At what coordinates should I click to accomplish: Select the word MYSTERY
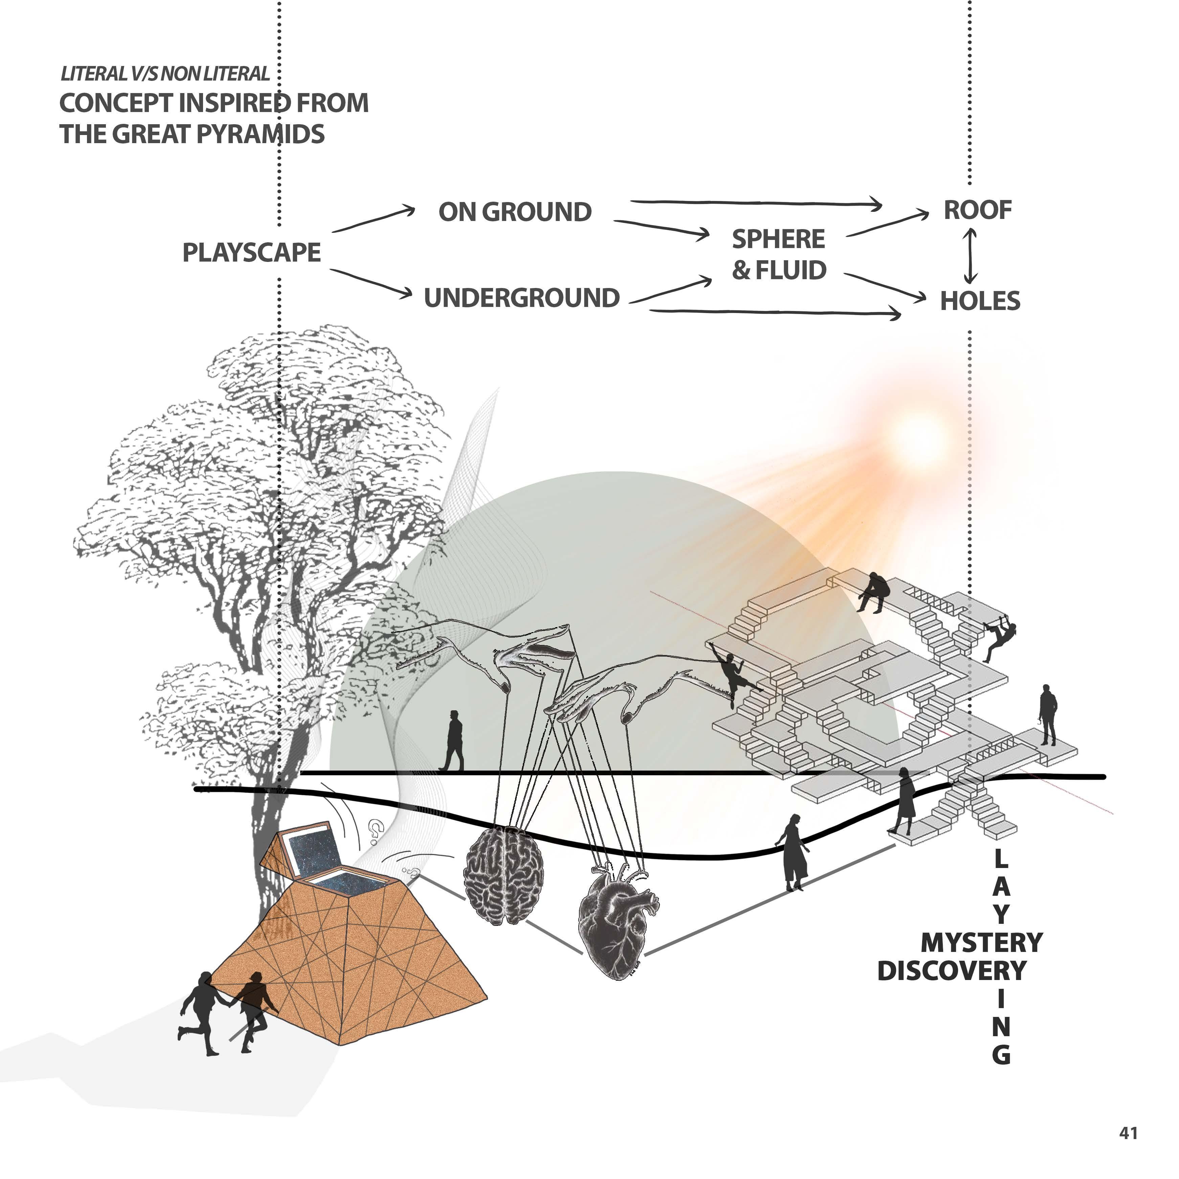(981, 943)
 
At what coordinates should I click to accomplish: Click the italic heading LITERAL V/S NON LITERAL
(165, 74)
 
